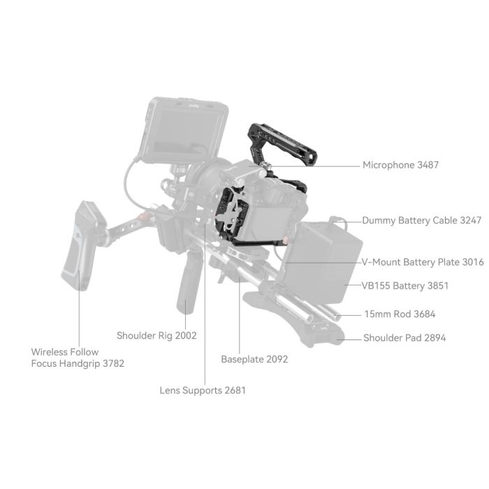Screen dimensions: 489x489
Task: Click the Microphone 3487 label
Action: [400, 166]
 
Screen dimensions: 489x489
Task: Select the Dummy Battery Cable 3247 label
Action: [421, 220]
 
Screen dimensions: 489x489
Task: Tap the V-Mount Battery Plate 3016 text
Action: [422, 262]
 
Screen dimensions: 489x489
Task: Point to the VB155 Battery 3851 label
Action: [405, 286]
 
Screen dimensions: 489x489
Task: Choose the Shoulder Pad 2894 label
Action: [404, 338]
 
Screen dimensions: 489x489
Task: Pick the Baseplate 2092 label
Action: [254, 359]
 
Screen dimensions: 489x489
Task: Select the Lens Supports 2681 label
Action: [203, 391]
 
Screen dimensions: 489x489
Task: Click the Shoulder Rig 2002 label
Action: [156, 335]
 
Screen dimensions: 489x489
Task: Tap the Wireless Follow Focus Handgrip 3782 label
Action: [78, 358]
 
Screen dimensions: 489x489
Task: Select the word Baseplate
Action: [242, 359]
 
